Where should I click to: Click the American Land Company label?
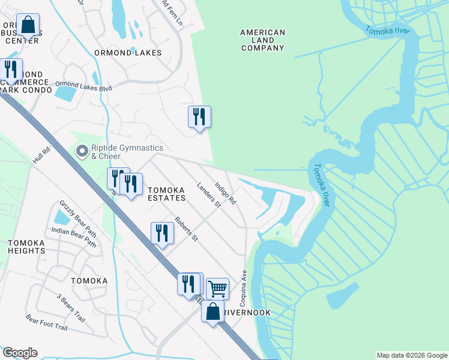[262, 40]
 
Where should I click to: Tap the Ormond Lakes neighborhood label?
[128, 53]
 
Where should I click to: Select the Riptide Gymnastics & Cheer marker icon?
[82, 152]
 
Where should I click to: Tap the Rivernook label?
[246, 313]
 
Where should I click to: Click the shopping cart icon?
[217, 289]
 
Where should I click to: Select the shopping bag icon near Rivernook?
[212, 311]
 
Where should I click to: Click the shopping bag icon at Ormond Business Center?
[28, 25]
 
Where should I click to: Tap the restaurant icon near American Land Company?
[199, 116]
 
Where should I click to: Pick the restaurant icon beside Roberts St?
[162, 232]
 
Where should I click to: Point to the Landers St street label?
[209, 195]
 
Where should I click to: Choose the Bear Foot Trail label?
[47, 323]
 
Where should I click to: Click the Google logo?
[20, 353]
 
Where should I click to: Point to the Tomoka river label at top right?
[387, 31]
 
